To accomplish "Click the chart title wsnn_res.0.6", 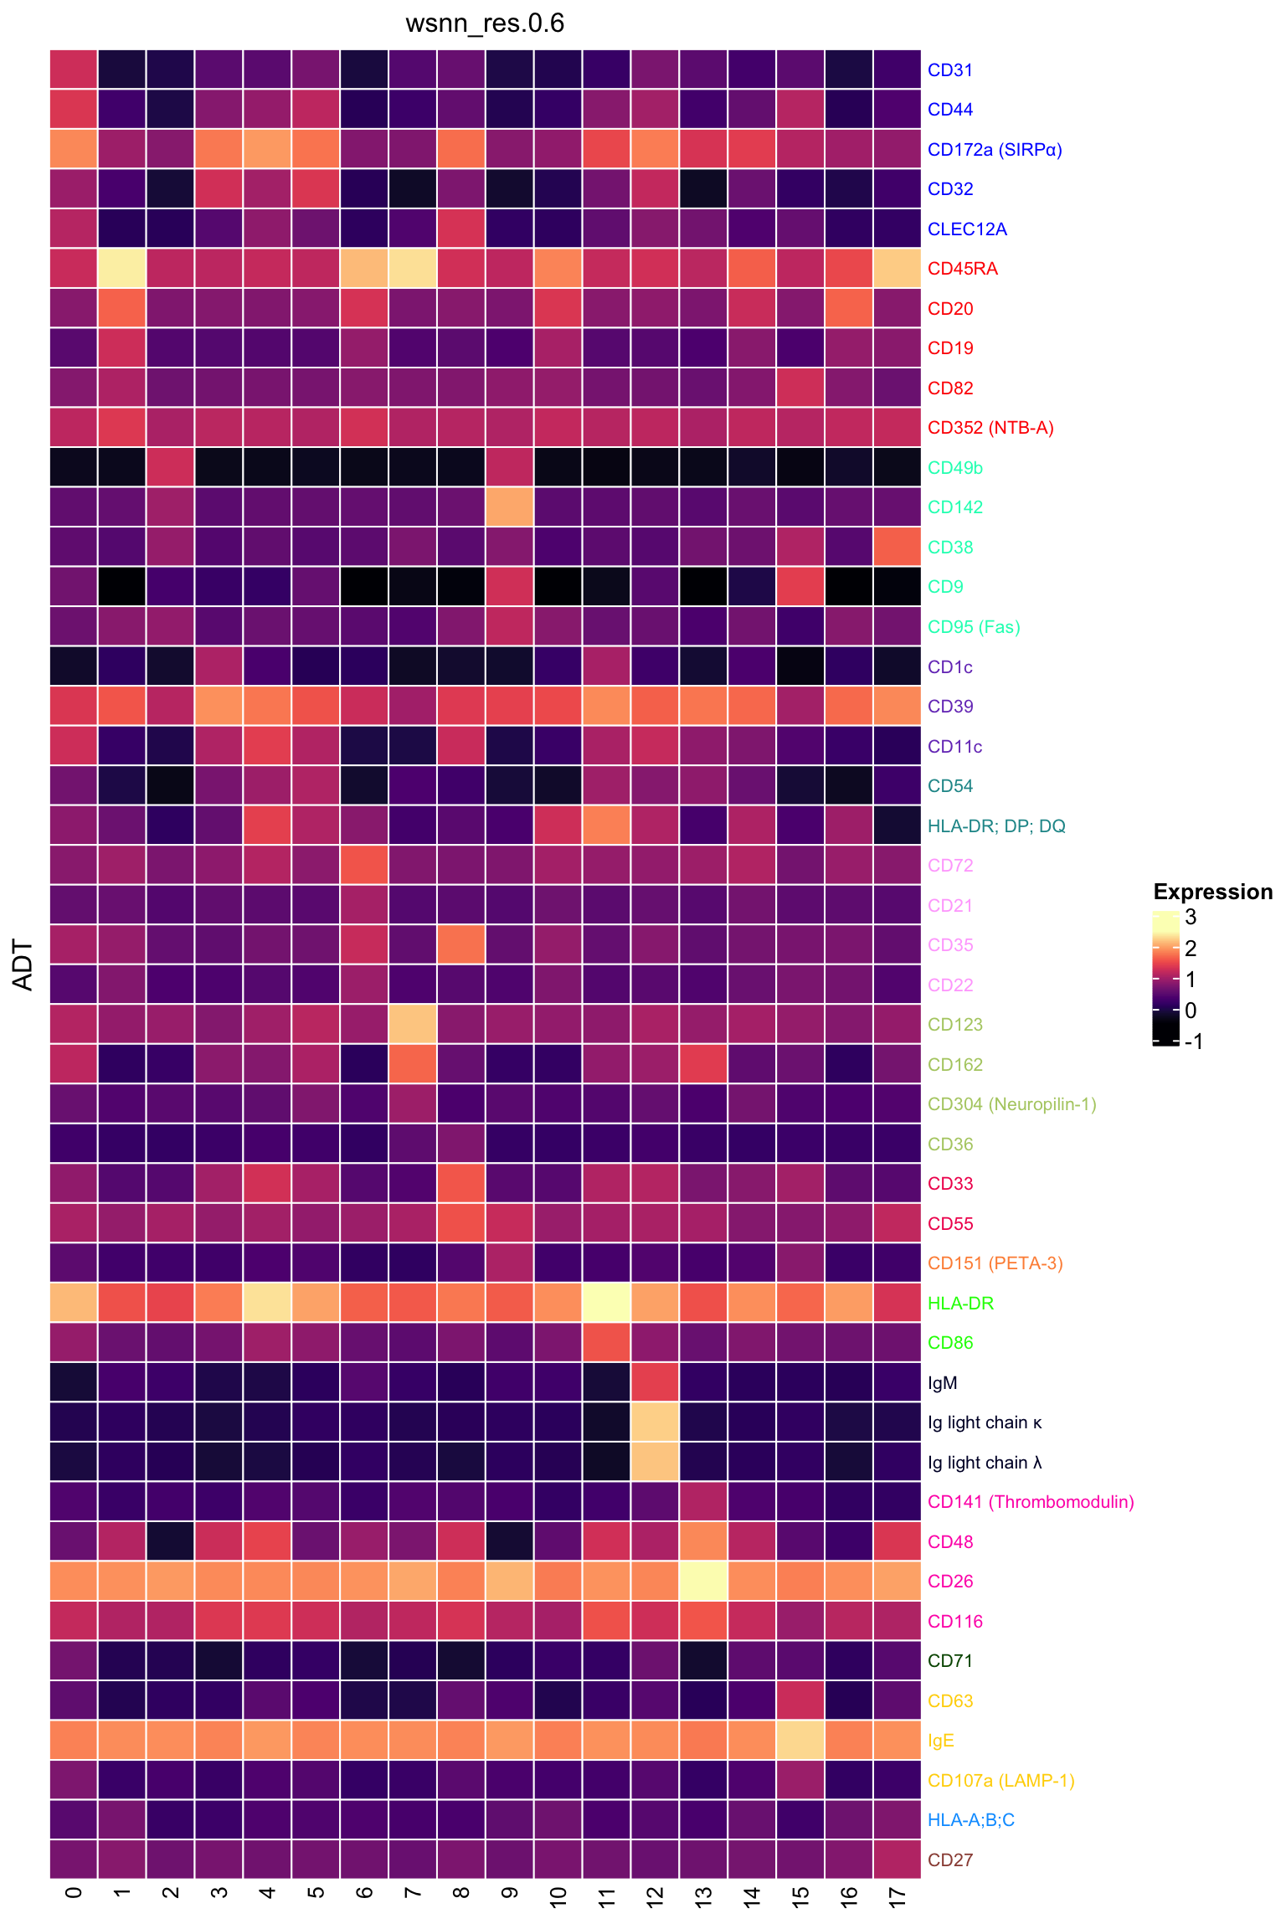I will pyautogui.click(x=485, y=23).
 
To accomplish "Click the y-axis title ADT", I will pyautogui.click(x=23, y=964).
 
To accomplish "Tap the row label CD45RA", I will pyautogui.click(x=962, y=270).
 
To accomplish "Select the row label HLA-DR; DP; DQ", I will pyautogui.click(x=996, y=826).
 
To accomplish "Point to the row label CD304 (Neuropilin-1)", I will pyautogui.click(x=1011, y=1104).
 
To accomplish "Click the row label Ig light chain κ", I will pyautogui.click(x=985, y=1422).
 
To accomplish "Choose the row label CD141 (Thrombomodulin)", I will pyautogui.click(x=1031, y=1502).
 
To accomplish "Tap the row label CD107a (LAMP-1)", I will pyautogui.click(x=1001, y=1780).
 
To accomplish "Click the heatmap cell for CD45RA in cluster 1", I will pyautogui.click(x=122, y=269).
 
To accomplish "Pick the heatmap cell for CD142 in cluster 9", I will pyautogui.click(x=510, y=507).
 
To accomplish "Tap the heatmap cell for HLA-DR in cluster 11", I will pyautogui.click(x=607, y=1303).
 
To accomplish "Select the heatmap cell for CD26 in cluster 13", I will pyautogui.click(x=703, y=1581).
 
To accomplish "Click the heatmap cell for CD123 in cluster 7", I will pyautogui.click(x=413, y=1024).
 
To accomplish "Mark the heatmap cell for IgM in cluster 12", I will pyautogui.click(x=656, y=1382).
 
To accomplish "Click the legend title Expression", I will pyautogui.click(x=1212, y=892).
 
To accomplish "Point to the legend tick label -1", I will pyautogui.click(x=1194, y=1042).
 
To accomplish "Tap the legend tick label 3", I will pyautogui.click(x=1191, y=918).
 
